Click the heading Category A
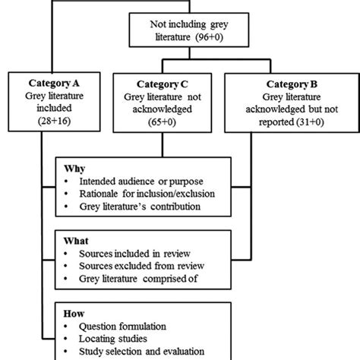tap(50, 83)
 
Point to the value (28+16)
tap(50, 122)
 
